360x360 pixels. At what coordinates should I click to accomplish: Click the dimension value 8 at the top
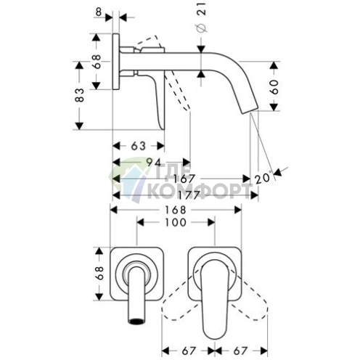point(99,12)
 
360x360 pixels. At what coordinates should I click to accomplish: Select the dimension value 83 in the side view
point(80,95)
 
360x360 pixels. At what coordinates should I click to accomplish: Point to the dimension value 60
point(274,86)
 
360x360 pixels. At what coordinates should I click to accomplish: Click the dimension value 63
point(139,146)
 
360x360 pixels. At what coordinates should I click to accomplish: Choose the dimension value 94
point(155,163)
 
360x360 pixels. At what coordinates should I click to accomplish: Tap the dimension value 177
point(189,195)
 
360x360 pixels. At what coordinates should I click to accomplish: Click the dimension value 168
point(176,210)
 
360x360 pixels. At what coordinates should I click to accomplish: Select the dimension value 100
point(176,222)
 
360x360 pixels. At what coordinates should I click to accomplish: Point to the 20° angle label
point(263,178)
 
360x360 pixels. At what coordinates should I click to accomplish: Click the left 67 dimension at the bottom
point(188,351)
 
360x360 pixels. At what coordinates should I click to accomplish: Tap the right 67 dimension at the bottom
point(240,351)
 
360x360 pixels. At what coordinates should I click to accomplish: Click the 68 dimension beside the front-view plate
point(99,273)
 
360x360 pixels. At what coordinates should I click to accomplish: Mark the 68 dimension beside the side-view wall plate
point(96,62)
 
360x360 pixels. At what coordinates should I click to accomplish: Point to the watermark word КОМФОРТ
point(198,191)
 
